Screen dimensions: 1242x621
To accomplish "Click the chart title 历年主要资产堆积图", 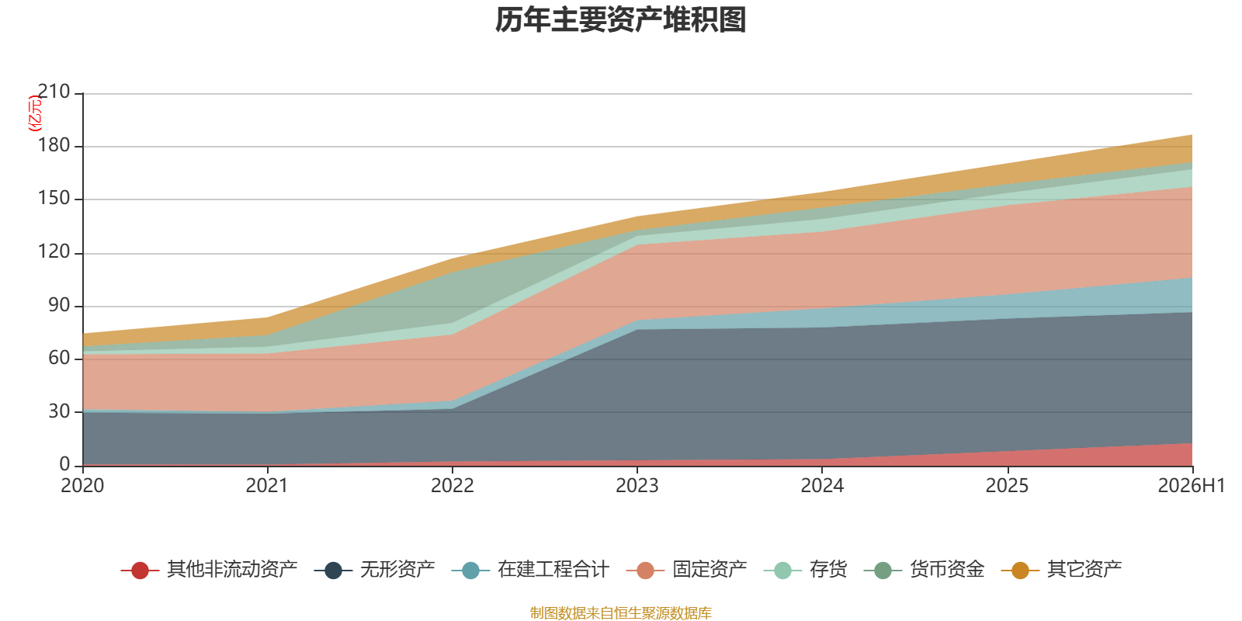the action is tap(620, 20).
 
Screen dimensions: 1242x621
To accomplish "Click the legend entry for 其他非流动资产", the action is tap(209, 570).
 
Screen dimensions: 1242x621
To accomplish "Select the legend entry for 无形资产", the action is tap(374, 570).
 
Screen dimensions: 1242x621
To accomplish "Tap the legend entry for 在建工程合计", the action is tap(531, 570).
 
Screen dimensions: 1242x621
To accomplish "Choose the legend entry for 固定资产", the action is tap(686, 570).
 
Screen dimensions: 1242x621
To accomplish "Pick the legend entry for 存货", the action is tap(805, 570).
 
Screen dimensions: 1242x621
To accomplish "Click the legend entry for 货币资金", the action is tap(925, 570).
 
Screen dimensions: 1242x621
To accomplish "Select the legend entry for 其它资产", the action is tap(1061, 570).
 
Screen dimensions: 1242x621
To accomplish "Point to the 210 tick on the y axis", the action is tap(54, 92).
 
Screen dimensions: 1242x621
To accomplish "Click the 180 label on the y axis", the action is tap(54, 145).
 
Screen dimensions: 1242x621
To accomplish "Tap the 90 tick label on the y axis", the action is tap(59, 305).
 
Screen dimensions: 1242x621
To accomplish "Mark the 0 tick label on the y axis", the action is tap(65, 465).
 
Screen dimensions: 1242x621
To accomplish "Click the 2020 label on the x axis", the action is tap(82, 486).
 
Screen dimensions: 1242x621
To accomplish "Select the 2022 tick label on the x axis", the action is tap(453, 486).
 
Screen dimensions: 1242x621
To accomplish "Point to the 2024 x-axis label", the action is tap(822, 486).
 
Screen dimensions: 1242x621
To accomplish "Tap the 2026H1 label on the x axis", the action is tap(1191, 486).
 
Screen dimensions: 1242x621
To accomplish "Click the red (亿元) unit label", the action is tap(34, 113).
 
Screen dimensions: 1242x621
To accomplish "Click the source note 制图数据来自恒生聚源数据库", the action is tap(620, 612).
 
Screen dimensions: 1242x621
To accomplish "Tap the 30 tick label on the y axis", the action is tap(59, 411).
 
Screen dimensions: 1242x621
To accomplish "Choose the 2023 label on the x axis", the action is tap(637, 486).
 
